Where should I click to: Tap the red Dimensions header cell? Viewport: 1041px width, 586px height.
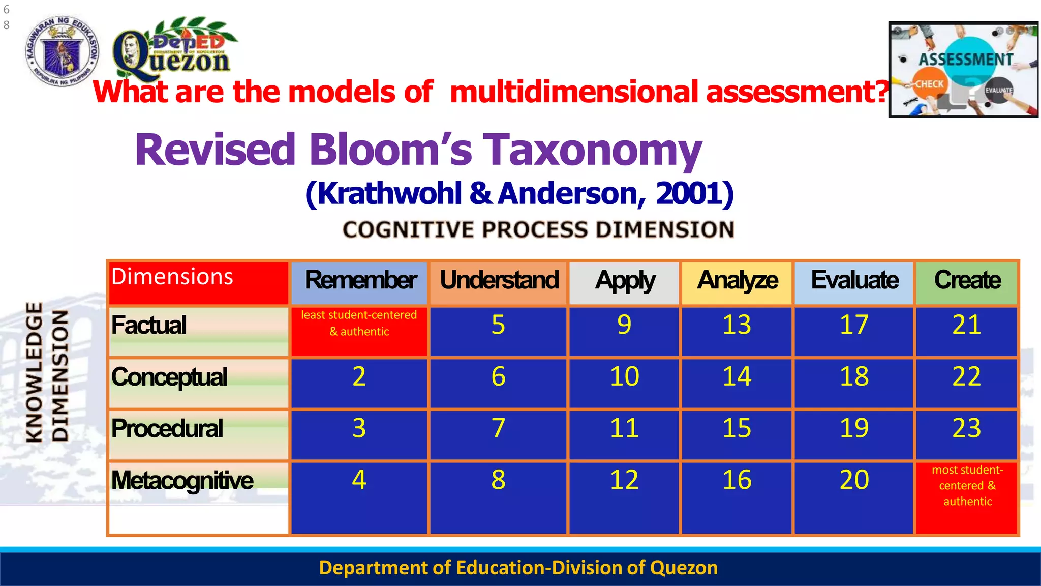click(x=199, y=282)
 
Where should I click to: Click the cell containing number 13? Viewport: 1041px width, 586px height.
click(x=737, y=331)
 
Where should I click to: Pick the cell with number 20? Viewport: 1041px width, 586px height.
click(x=854, y=496)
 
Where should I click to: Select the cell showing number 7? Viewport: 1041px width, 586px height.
click(x=499, y=433)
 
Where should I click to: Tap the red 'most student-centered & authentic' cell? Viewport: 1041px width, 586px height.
click(x=967, y=496)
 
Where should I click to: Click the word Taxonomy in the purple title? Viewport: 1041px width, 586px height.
click(x=592, y=150)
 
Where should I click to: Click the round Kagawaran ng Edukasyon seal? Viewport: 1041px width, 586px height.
click(x=62, y=51)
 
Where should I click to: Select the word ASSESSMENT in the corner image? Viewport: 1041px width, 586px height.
click(x=966, y=60)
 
